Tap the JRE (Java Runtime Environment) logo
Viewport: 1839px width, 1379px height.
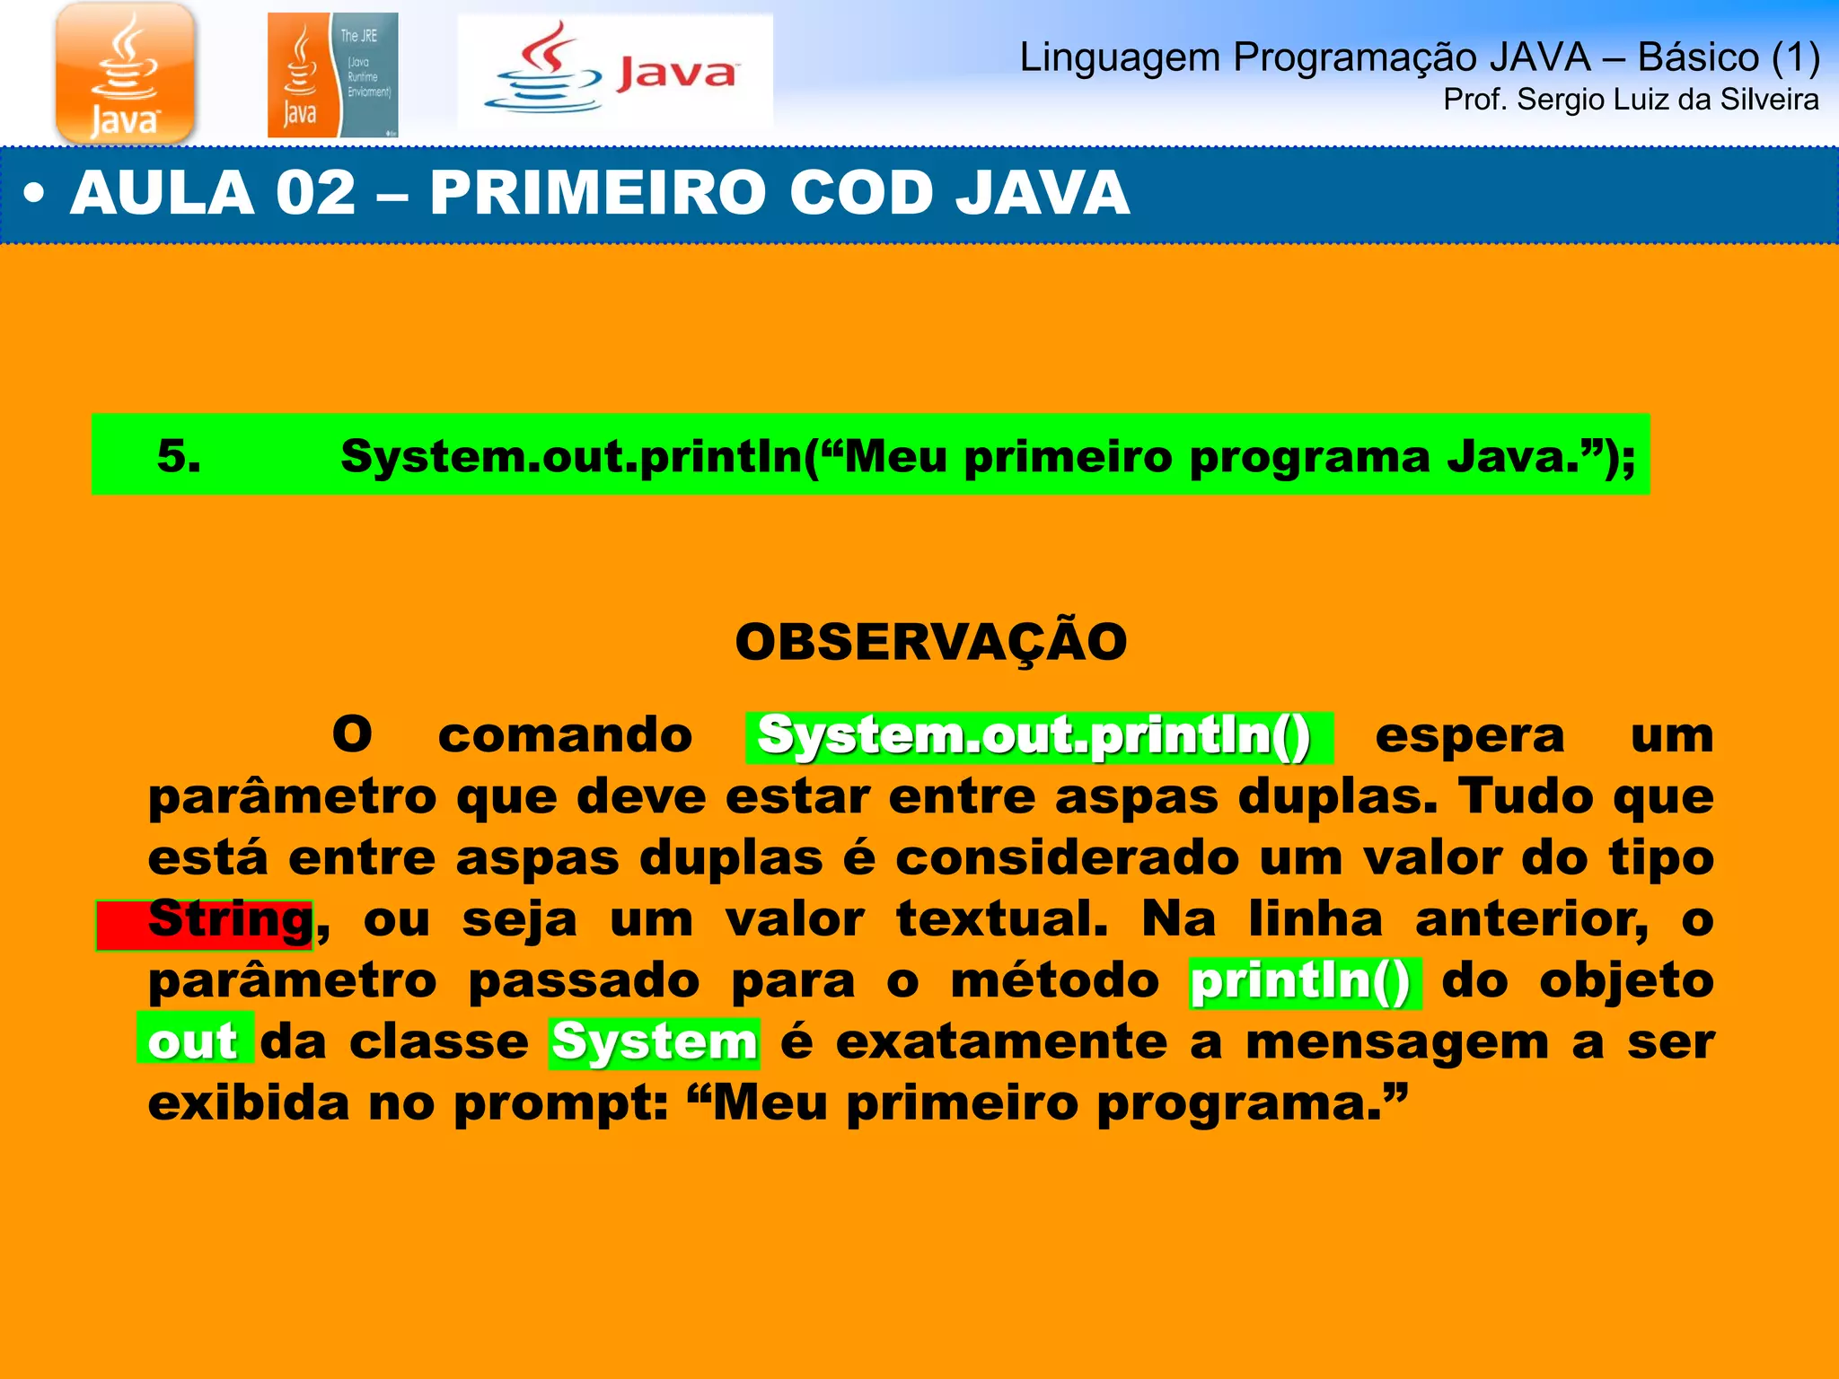click(x=332, y=75)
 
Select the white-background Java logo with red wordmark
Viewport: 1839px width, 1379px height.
click(x=615, y=72)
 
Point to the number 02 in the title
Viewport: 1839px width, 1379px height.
click(x=315, y=193)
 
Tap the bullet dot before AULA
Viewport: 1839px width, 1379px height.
click(x=34, y=195)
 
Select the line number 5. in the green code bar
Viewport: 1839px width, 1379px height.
click(x=179, y=456)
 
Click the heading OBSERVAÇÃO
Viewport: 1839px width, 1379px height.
click(x=930, y=642)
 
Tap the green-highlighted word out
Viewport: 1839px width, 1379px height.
click(x=193, y=1041)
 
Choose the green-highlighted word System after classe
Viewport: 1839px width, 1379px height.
click(x=655, y=1042)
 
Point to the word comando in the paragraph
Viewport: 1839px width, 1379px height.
click(x=565, y=736)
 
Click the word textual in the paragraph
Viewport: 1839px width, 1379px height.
click(x=1002, y=920)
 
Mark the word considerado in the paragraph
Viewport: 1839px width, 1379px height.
click(x=1068, y=858)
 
